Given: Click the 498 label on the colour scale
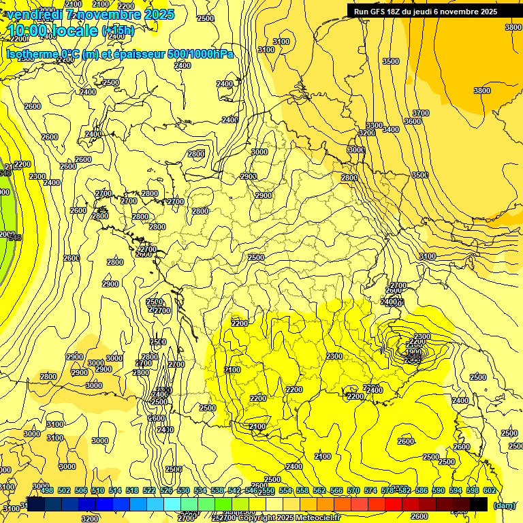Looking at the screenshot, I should click(47, 490).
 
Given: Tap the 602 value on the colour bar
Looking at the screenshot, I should click(490, 490).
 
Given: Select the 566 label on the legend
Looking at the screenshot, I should click(336, 490).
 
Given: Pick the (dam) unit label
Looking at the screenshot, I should click(504, 505).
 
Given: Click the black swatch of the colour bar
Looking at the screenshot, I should click(479, 504).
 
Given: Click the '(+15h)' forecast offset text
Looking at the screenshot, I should click(118, 31).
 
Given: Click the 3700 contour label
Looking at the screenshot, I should click(421, 113).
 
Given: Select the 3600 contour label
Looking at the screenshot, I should click(413, 121).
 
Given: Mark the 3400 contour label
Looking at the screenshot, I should click(391, 129).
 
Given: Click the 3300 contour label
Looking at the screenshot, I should click(374, 126).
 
